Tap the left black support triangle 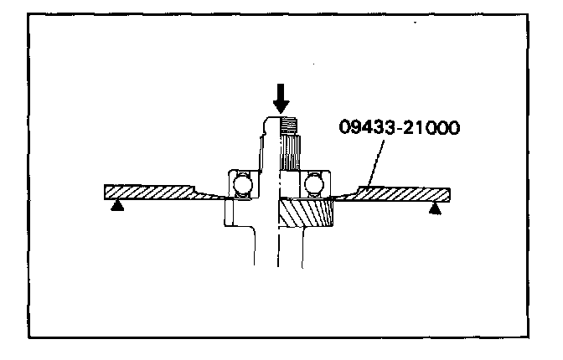(118, 205)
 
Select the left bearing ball (242, 184)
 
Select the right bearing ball (316, 184)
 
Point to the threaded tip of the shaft (289, 127)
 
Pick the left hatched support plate (151, 192)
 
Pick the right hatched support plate (402, 193)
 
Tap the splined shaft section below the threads (289, 155)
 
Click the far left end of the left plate (108, 192)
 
